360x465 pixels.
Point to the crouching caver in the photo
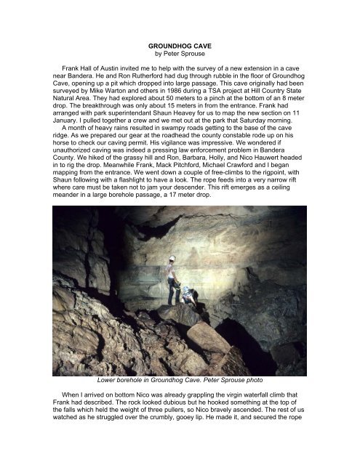pyautogui.click(x=188, y=296)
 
